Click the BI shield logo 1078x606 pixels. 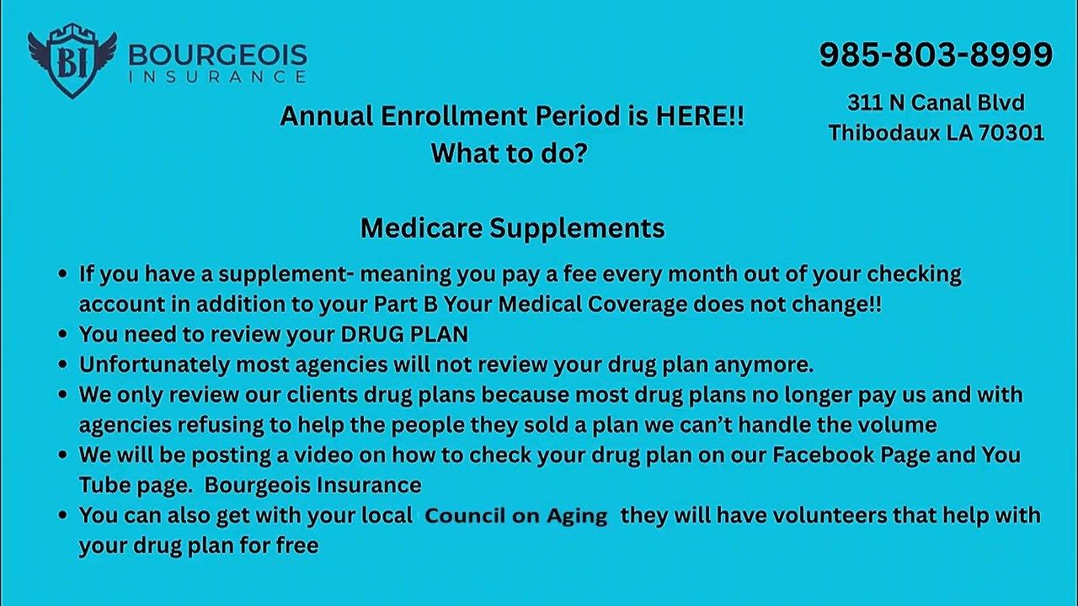tap(72, 61)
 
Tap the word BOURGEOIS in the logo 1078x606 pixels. tap(217, 56)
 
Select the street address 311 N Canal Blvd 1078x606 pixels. tap(936, 103)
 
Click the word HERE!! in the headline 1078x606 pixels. tap(700, 117)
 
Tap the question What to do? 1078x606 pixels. tap(509, 153)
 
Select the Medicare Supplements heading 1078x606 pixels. tap(512, 228)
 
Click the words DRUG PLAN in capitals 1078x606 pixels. tap(404, 334)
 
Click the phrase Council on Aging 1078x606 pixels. tap(515, 516)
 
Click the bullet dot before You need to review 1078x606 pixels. tap(62, 335)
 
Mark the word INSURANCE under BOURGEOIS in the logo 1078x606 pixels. tap(217, 77)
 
